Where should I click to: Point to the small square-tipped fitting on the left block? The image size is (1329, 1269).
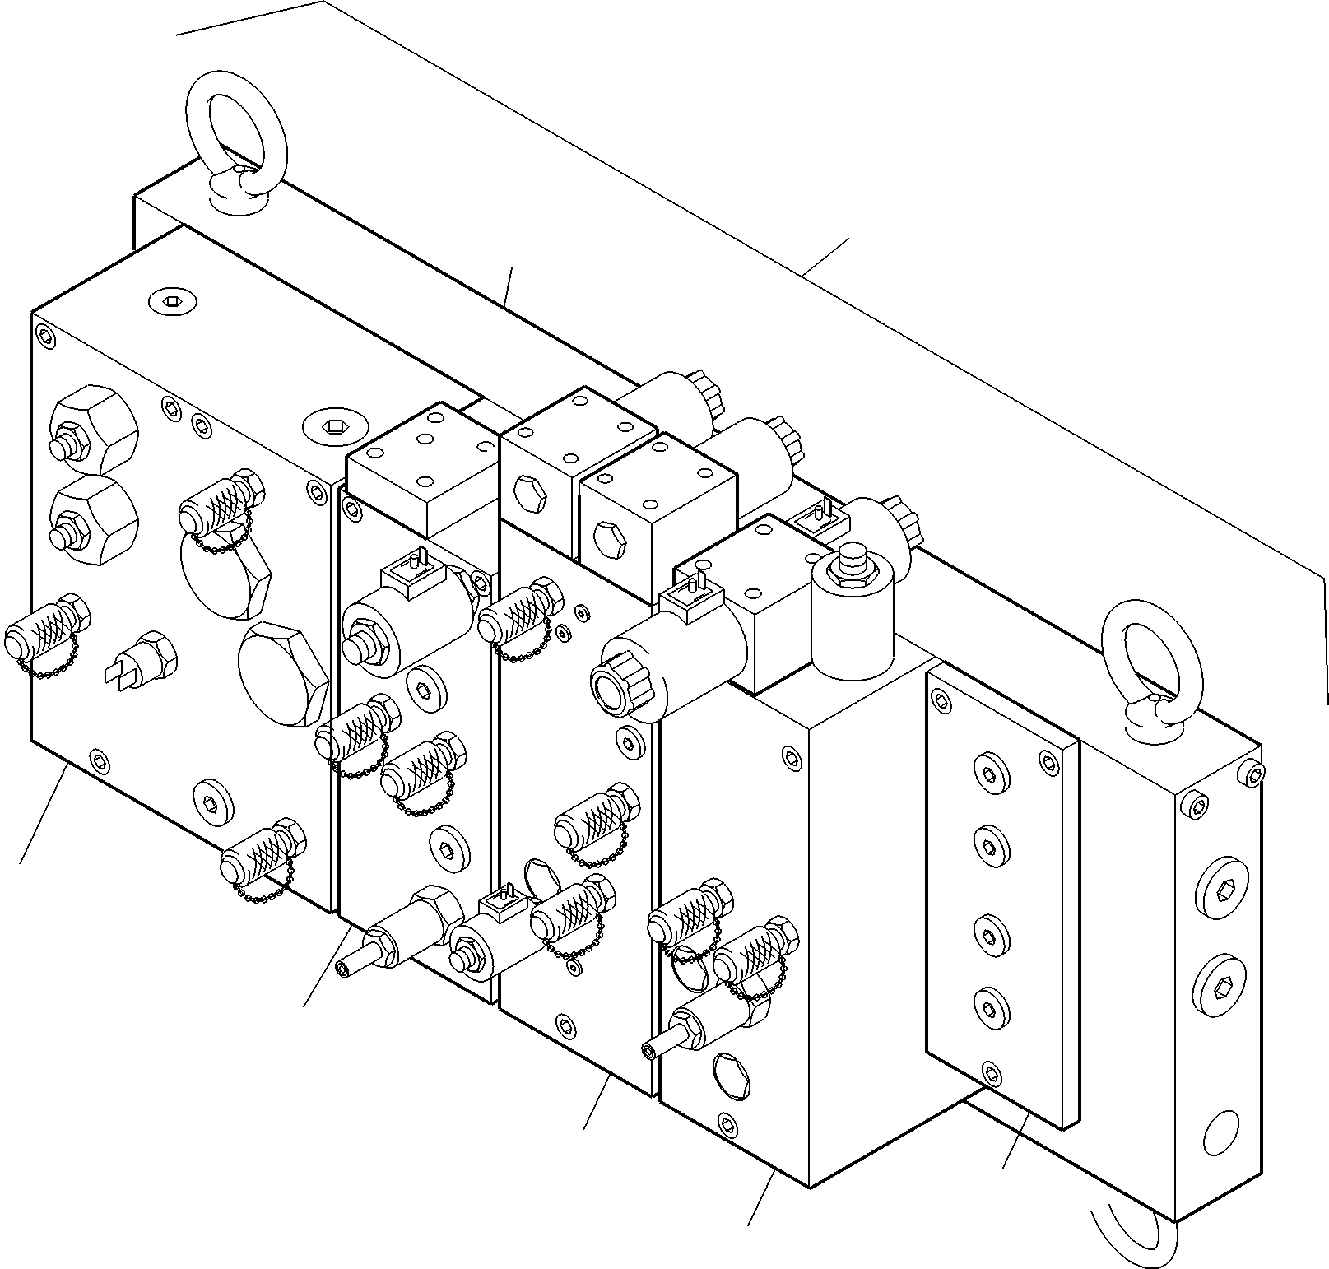click(144, 658)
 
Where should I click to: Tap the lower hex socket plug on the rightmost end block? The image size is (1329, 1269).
click(1224, 984)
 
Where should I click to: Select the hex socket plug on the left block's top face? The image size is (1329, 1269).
click(170, 301)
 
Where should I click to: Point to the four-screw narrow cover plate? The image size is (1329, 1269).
click(1002, 897)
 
